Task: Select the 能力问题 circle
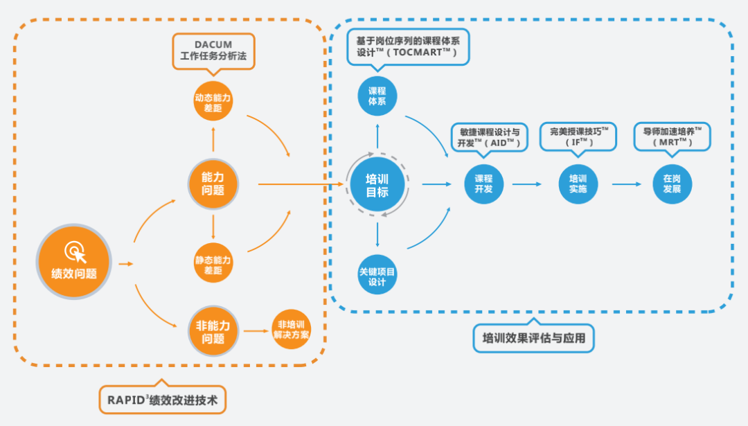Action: pyautogui.click(x=213, y=184)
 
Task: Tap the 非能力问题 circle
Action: pyautogui.click(x=213, y=332)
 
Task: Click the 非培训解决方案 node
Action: pyautogui.click(x=292, y=330)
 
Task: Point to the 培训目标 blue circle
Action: pyautogui.click(x=377, y=184)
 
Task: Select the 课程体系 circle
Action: pyautogui.click(x=377, y=96)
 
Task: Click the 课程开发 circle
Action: pyautogui.click(x=483, y=184)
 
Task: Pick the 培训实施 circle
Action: pyautogui.click(x=578, y=184)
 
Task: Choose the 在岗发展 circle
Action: pyautogui.click(x=672, y=184)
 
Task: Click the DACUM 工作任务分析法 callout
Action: pyautogui.click(x=213, y=50)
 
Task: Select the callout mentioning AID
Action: pyautogui.click(x=490, y=136)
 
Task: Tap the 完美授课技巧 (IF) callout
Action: pyautogui.click(x=579, y=136)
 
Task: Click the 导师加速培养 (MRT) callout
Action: pyautogui.click(x=673, y=136)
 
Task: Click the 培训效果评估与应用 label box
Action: pyautogui.click(x=533, y=339)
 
